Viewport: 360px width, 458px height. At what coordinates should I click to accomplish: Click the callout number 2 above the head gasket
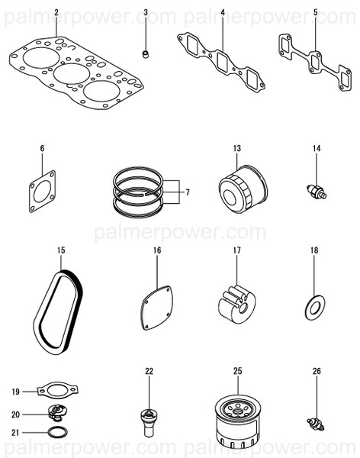tap(56, 12)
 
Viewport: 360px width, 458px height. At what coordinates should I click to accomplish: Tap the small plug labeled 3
tap(145, 54)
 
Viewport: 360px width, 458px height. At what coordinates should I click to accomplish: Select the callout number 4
tap(223, 12)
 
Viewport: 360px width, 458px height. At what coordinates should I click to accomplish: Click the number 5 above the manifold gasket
tap(315, 12)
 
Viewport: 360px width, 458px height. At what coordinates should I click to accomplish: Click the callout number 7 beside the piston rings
tap(188, 192)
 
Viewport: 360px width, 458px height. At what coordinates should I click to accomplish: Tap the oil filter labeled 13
tap(243, 189)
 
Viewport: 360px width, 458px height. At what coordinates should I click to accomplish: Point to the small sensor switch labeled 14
tap(317, 192)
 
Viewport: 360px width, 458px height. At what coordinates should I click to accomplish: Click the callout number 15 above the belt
tap(61, 250)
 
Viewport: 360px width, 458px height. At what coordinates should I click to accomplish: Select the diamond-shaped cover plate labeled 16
tap(157, 308)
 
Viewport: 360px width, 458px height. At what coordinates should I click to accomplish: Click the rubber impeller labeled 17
tap(236, 305)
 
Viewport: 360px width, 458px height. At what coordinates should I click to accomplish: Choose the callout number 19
tap(15, 392)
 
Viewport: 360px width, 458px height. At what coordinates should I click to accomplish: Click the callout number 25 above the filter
tap(238, 371)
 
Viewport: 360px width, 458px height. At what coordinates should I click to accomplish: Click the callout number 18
tap(314, 250)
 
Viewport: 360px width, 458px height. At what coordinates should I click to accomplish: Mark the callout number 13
tap(237, 148)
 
